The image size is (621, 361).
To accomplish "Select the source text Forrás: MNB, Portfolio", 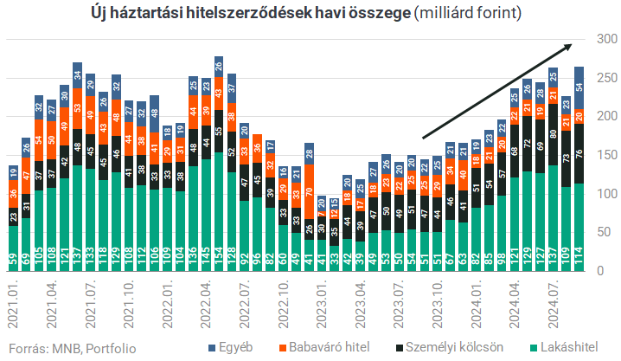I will [73, 348].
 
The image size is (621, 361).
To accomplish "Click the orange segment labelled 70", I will [309, 194].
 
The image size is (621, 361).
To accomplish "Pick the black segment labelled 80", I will [553, 134].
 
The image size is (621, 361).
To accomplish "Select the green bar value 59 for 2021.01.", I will [13, 260].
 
